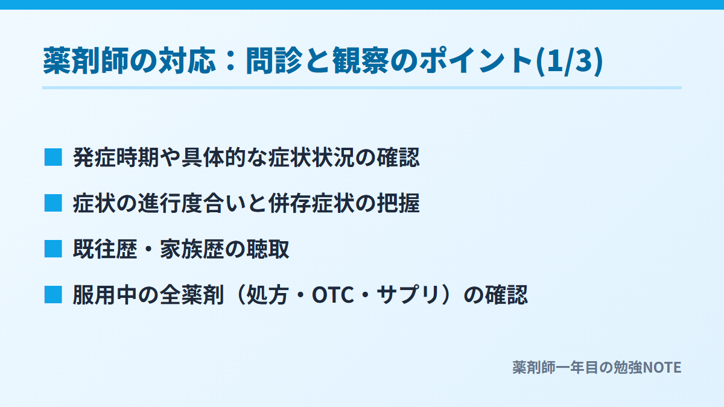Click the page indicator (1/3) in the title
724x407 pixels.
[x=569, y=61]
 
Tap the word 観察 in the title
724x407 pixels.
[x=361, y=61]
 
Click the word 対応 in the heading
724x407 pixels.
[x=187, y=61]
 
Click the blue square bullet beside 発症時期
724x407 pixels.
[x=53, y=157]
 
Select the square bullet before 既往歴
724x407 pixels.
[x=53, y=248]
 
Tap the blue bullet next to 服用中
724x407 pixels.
[x=53, y=295]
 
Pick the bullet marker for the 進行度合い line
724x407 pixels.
[x=53, y=203]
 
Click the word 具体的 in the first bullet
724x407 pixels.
[x=214, y=157]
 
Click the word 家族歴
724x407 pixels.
[x=192, y=249]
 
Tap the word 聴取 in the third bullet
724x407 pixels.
[x=268, y=249]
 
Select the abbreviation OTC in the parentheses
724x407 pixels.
[x=332, y=295]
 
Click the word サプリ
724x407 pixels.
[x=408, y=295]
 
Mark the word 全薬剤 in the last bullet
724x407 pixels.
[x=192, y=295]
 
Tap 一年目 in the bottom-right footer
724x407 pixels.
[x=577, y=367]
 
